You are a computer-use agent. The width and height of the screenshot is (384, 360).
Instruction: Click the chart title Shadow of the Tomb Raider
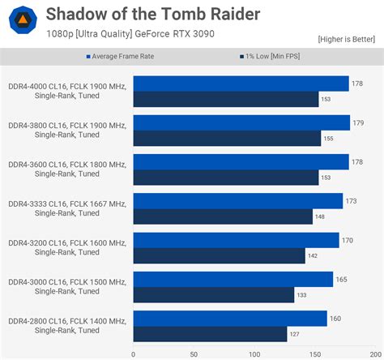[153, 14]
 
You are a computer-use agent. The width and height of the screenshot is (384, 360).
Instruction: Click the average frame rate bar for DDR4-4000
[241, 84]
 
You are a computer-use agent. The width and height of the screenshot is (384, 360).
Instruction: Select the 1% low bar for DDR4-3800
[227, 139]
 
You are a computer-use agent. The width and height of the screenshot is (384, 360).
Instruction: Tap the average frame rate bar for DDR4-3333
[237, 201]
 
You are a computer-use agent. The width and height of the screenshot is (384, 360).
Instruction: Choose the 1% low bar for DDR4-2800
[210, 334]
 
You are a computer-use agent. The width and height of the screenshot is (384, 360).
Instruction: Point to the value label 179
[359, 123]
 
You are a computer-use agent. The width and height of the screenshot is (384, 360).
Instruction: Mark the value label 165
[342, 280]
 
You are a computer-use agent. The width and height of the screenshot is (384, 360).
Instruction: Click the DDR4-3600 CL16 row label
[67, 169]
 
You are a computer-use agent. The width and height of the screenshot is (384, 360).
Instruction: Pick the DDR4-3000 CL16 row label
[67, 287]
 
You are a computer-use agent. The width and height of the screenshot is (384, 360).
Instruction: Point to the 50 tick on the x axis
[193, 354]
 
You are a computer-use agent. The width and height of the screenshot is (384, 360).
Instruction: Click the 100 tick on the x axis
[254, 354]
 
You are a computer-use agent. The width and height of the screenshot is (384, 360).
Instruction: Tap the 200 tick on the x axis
[374, 354]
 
